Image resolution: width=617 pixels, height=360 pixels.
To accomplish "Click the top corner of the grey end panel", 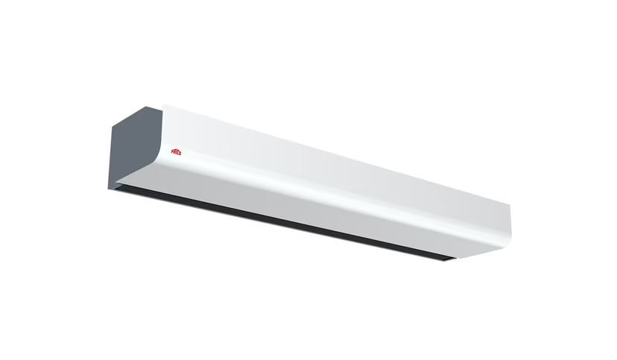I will point(163,106).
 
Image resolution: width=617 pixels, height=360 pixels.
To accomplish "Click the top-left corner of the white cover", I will point(165,105).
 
